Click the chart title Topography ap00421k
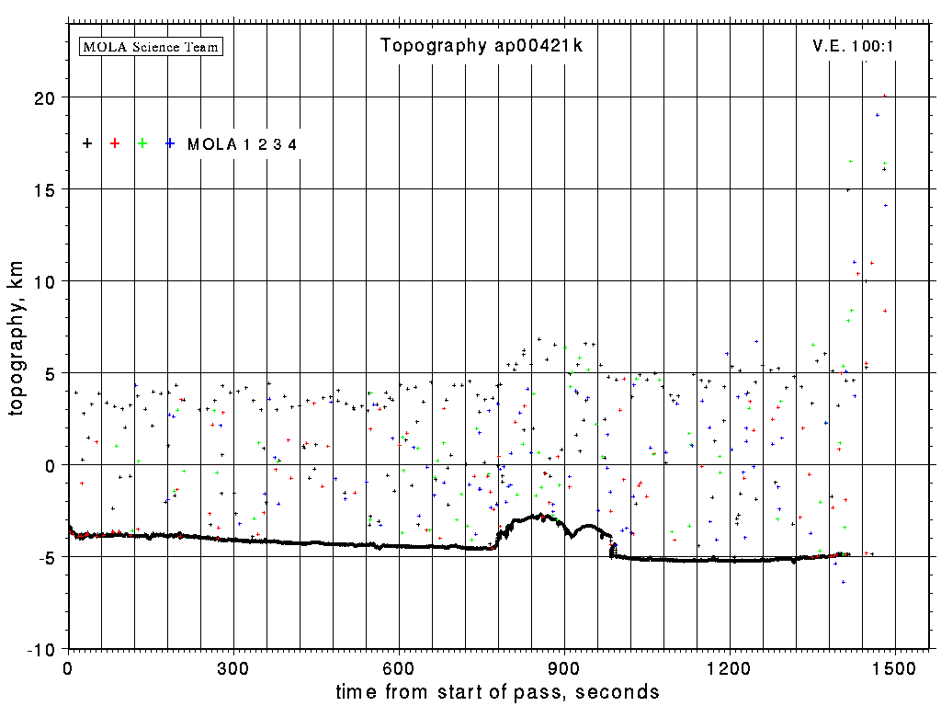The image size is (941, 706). pos(482,46)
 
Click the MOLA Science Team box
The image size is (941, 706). pos(152,46)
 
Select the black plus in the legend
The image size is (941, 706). pos(87,143)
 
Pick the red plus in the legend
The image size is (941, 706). pos(115,143)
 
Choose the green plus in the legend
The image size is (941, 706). pos(142,143)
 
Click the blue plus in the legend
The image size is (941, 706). pos(170,143)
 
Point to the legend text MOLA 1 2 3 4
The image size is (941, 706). pos(242,144)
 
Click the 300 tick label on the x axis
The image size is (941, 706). pos(233,666)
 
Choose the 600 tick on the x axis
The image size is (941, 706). pos(399,666)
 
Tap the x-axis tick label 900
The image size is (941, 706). pos(564,666)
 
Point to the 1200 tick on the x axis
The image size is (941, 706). pos(730,666)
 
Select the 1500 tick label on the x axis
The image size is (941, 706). pos(895,666)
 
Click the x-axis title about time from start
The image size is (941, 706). pos(497,691)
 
